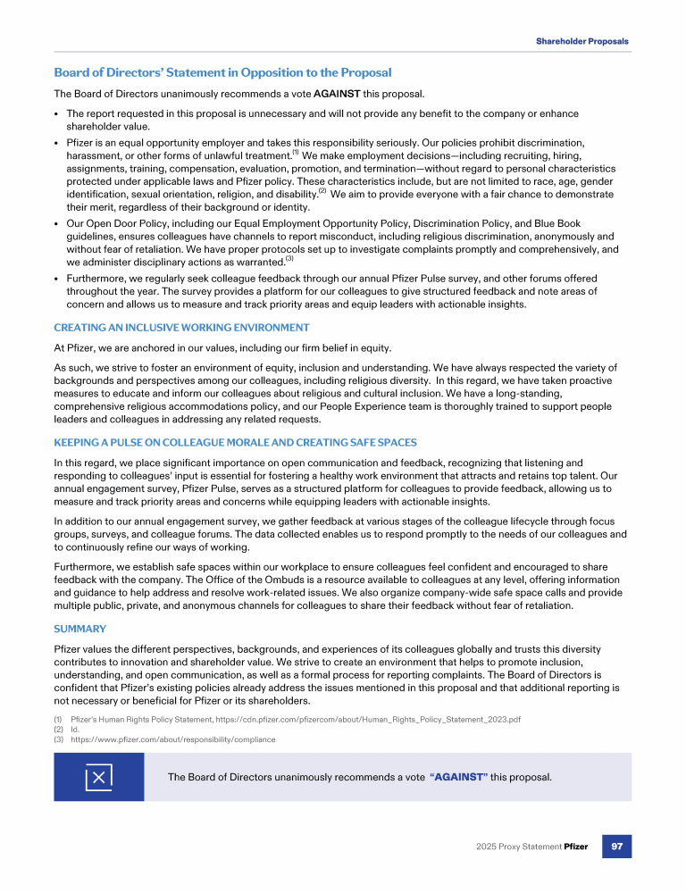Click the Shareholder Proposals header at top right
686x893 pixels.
(581, 41)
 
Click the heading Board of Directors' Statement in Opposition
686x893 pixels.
(222, 72)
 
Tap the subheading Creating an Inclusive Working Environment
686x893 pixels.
(181, 328)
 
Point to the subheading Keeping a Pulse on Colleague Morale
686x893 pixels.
(235, 442)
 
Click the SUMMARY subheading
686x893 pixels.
(80, 629)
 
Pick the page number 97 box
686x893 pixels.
(616, 846)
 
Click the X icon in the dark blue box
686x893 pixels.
(98, 777)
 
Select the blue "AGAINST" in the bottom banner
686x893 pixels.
(458, 777)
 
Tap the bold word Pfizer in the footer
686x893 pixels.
(575, 847)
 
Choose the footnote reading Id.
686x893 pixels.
(75, 730)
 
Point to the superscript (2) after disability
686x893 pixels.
(322, 190)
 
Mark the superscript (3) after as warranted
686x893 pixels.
(289, 259)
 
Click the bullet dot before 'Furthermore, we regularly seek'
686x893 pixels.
(56, 279)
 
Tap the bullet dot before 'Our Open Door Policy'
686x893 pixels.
(56, 224)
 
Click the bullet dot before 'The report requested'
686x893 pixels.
(56, 114)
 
